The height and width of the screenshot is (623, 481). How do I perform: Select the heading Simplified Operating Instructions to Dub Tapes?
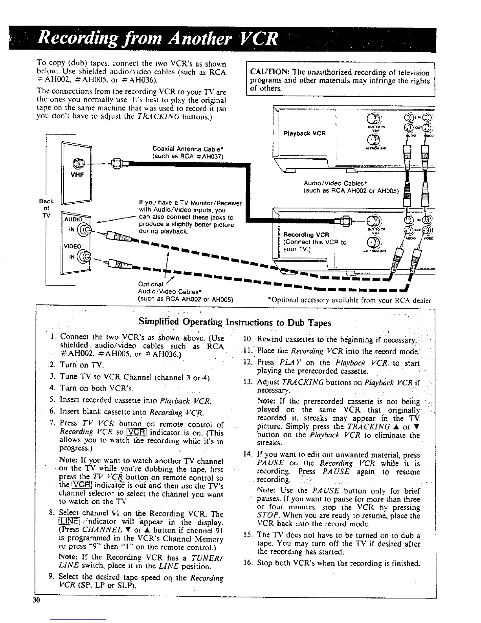235,323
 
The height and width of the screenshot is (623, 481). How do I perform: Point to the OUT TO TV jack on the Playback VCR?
372,119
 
